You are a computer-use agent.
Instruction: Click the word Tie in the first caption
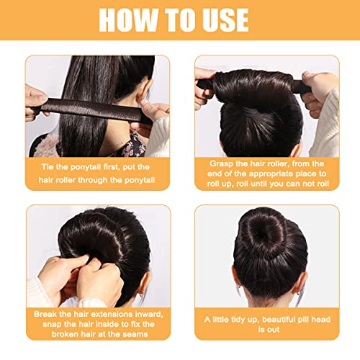pos(48,167)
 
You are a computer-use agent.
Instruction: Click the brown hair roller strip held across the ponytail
pos(92,109)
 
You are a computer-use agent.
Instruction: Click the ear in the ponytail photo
pos(144,92)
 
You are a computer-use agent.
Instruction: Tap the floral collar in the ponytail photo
pos(131,146)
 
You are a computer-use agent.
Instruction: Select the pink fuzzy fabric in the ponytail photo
pos(48,146)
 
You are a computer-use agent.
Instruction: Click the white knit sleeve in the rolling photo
pos(325,127)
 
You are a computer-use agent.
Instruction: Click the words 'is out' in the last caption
pos(269,330)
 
